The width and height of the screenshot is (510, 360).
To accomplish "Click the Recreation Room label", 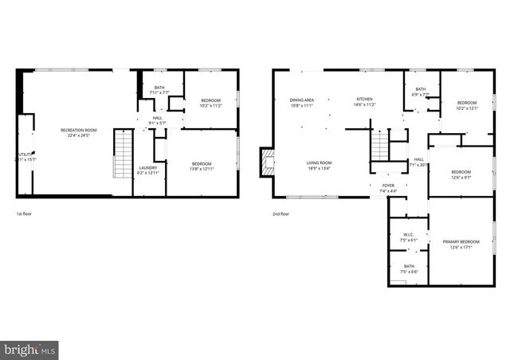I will coord(79,130).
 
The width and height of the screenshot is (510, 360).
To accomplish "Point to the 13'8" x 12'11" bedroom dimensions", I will coord(201,169).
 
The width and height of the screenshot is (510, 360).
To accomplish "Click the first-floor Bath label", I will coord(159,88).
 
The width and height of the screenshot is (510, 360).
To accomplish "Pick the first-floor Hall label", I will coord(157,118).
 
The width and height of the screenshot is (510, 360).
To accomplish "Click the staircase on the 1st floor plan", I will coord(122,155).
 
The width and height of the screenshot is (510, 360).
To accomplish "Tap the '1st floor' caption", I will coord(25,213).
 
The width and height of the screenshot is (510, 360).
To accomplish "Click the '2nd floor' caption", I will coord(280,213).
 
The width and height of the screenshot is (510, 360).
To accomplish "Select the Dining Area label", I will coord(302,100).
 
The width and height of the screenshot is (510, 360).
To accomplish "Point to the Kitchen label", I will coord(364,100).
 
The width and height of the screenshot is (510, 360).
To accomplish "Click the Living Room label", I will coord(320,163).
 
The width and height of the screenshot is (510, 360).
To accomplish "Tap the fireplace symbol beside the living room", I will coord(267,163).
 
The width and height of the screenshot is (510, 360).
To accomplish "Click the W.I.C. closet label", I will coord(408,234).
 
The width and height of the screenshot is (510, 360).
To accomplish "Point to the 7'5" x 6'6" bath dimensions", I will coord(409,272).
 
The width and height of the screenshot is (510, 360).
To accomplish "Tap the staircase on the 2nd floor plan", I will coord(380,147).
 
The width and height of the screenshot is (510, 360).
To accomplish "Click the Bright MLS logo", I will coord(30,349).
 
